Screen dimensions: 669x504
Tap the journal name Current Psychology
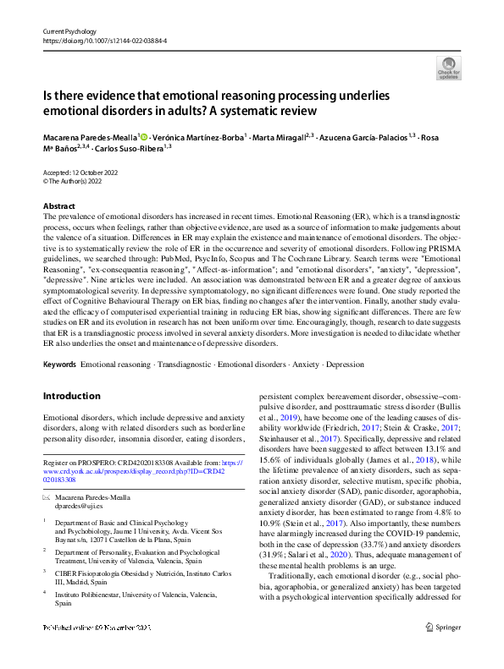pos(67,30)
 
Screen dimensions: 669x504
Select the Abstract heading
pos(59,206)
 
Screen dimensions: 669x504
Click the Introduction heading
pos(71,396)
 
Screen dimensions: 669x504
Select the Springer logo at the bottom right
pos(443,650)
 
